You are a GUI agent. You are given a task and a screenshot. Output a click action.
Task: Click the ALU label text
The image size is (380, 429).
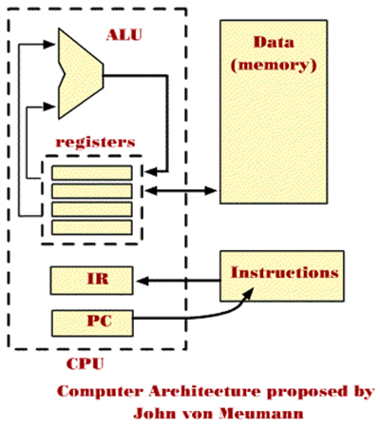[x=124, y=35]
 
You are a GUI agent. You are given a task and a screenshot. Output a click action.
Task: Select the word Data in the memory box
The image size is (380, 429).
[x=274, y=43]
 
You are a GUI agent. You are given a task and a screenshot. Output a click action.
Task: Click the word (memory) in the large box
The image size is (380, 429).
[x=274, y=65]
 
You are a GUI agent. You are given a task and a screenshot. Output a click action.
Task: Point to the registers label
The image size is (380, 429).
[x=96, y=142]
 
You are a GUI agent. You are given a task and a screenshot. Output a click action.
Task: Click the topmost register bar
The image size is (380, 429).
[x=92, y=173]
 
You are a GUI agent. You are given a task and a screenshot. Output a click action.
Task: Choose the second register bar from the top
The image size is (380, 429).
[x=92, y=191]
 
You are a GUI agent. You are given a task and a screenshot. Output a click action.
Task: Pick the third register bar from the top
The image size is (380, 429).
[x=92, y=209]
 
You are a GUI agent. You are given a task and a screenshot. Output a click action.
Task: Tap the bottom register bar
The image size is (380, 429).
[x=92, y=227]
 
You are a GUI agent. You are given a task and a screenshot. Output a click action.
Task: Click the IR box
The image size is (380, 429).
[x=92, y=281]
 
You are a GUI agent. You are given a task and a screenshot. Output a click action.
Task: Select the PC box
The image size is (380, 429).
[x=92, y=323]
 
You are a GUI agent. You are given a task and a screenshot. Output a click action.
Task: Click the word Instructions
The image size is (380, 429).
[x=285, y=273]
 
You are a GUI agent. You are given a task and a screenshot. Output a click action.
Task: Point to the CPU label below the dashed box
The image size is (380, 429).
[x=85, y=363]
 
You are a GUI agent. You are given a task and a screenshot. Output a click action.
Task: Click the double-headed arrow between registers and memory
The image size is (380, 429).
[x=181, y=191]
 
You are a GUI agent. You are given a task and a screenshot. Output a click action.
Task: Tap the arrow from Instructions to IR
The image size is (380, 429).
[x=179, y=281]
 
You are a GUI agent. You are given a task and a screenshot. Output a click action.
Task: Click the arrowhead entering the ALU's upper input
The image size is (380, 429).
[x=49, y=44]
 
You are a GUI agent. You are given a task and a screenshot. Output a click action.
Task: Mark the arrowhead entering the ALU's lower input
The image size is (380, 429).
[x=49, y=107]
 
